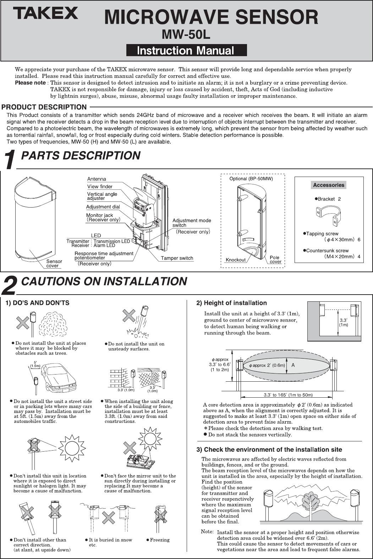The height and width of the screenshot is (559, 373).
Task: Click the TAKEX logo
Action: click(x=45, y=14)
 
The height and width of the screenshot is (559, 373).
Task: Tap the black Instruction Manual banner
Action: click(x=186, y=50)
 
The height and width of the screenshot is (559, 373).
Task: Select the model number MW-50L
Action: click(x=186, y=35)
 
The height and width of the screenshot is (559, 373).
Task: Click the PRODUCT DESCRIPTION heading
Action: click(x=44, y=107)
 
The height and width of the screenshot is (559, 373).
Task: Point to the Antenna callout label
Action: click(x=97, y=179)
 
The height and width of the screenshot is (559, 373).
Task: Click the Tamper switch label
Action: click(x=177, y=258)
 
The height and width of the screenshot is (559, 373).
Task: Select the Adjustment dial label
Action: click(x=103, y=207)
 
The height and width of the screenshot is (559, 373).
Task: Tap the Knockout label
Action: click(x=236, y=260)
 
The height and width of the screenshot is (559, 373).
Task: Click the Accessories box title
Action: click(x=329, y=185)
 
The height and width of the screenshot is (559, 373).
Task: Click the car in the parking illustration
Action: click(x=59, y=377)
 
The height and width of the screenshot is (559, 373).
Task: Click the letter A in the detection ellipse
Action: click(x=293, y=365)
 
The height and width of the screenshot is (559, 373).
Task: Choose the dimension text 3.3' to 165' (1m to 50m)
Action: click(x=288, y=395)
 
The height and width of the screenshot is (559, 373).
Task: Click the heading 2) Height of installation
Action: click(x=231, y=303)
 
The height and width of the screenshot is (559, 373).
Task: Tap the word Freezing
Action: click(x=160, y=540)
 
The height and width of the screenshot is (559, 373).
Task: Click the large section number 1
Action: click(x=10, y=160)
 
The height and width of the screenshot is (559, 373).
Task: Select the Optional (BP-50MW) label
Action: click(x=251, y=179)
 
